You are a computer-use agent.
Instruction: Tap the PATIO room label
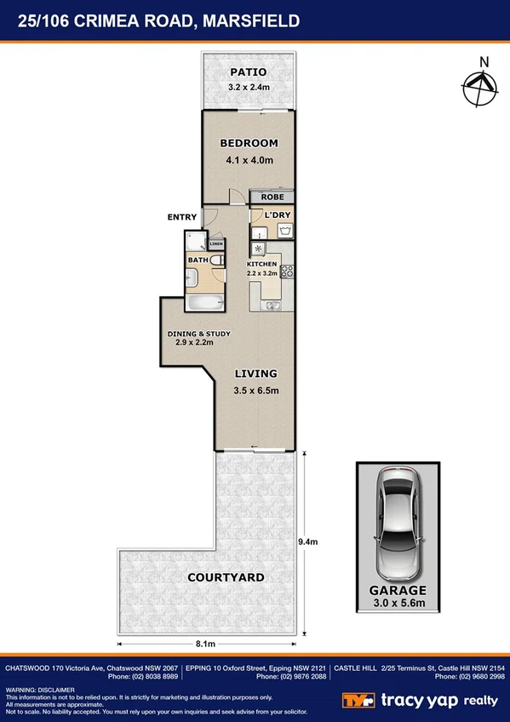coord(247,72)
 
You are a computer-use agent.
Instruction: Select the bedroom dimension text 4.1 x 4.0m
coord(249,160)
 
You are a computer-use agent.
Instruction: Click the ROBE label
coord(272,198)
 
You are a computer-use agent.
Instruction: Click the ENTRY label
coord(182,217)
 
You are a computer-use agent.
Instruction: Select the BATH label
coord(198,260)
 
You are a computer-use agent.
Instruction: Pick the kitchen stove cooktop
coord(288,272)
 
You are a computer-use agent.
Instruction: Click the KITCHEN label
coord(261,264)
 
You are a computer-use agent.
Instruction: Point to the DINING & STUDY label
coord(198,333)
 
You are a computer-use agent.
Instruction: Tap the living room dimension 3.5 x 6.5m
coord(256,391)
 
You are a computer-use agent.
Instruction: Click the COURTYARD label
coord(226,577)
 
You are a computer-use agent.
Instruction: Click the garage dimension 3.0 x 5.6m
coord(397,603)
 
